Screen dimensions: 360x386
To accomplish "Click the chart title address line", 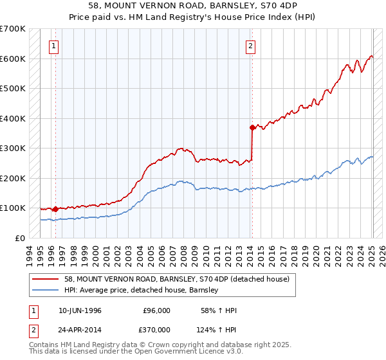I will coord(192,6).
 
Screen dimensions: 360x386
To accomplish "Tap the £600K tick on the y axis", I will coord(13,59).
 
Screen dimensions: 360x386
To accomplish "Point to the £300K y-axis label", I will coord(13,148).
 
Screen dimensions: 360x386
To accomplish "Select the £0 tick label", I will coord(19,238).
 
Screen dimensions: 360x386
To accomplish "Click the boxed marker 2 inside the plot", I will coord(250,46).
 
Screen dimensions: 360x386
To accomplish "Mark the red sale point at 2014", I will coord(252,127).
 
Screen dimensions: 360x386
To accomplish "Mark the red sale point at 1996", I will coord(55,209).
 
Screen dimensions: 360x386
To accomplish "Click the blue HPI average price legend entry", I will coord(142,290).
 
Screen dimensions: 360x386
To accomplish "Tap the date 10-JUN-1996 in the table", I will coord(80,310).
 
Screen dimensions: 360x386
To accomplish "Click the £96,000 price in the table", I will coord(156,310).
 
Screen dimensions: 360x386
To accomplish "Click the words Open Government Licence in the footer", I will coord(187,353).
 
